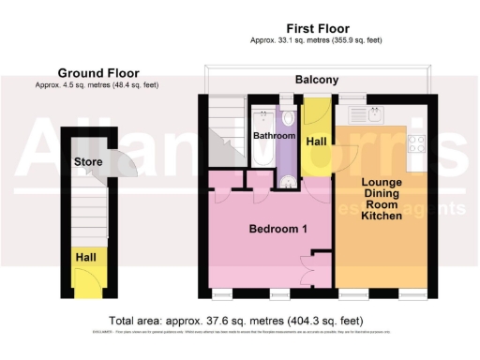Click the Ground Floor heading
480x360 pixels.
98,72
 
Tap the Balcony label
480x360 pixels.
317,81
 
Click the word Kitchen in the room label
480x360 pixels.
382,216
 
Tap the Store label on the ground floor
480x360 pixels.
88,162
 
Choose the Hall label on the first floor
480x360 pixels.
317,139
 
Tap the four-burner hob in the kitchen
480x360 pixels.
417,144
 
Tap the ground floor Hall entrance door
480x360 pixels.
89,279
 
